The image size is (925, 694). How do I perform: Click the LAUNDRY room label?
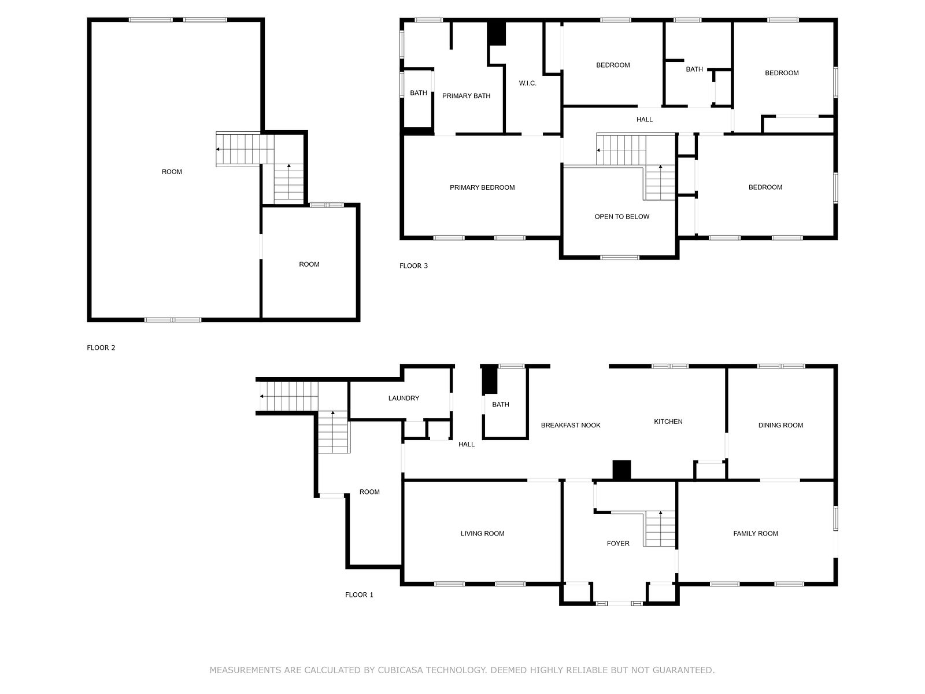coord(404,398)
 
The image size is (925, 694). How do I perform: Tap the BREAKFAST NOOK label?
coord(570,425)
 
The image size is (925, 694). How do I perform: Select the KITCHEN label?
coord(668,422)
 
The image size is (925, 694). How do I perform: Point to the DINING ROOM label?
coord(780,425)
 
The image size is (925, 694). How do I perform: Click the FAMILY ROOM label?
coord(755,533)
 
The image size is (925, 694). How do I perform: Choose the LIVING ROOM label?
coord(482,533)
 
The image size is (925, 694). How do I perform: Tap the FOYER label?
coord(618,544)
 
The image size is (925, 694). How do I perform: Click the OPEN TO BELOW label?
coord(621,216)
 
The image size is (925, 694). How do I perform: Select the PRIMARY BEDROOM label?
coord(482,187)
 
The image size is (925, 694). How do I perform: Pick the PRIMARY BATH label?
coord(465,96)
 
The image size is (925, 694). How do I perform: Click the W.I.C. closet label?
coord(527,83)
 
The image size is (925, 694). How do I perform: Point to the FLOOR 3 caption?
coord(413,265)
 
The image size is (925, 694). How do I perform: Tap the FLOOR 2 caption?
coord(101,348)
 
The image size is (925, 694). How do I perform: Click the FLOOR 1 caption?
coord(358,595)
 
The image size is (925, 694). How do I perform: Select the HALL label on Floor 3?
coord(644,120)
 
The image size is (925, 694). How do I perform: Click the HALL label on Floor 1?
coord(466,444)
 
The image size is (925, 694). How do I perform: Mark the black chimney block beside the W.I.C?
coord(497,34)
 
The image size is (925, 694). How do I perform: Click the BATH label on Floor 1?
coord(500,404)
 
